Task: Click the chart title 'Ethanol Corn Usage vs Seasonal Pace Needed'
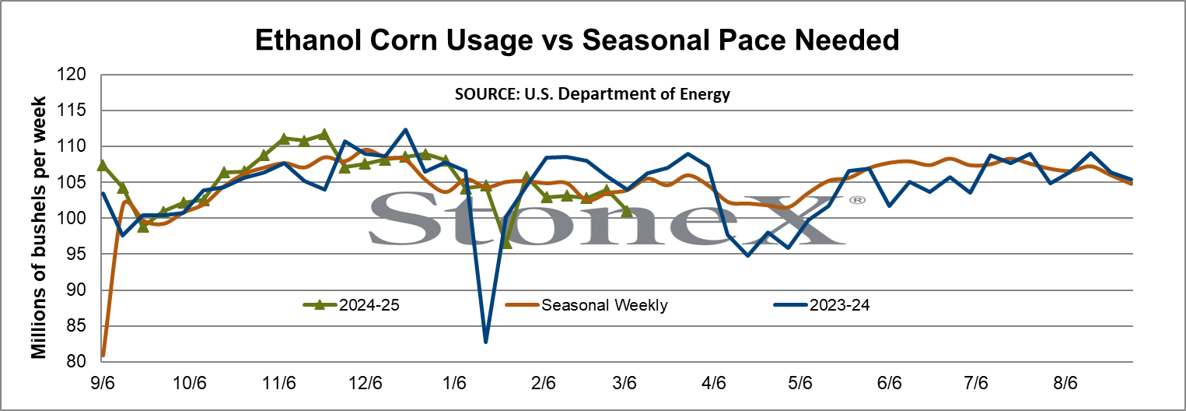[577, 40]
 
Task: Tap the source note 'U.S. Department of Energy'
[627, 94]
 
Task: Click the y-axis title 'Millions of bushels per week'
[39, 228]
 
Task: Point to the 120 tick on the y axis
[71, 74]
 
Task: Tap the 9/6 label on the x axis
[102, 382]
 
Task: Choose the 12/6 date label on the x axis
[366, 382]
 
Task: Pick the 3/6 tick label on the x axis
[624, 382]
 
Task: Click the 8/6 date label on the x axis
[1065, 382]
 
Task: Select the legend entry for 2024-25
[352, 305]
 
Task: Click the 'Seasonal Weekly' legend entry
[586, 305]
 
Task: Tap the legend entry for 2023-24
[822, 305]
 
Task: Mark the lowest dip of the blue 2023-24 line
[485, 342]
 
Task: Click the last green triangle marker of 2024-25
[626, 211]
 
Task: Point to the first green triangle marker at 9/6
[103, 165]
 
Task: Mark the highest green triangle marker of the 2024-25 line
[324, 134]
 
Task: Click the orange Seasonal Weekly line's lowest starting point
[103, 355]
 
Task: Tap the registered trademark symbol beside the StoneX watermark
[857, 200]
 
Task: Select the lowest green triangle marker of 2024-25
[506, 243]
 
